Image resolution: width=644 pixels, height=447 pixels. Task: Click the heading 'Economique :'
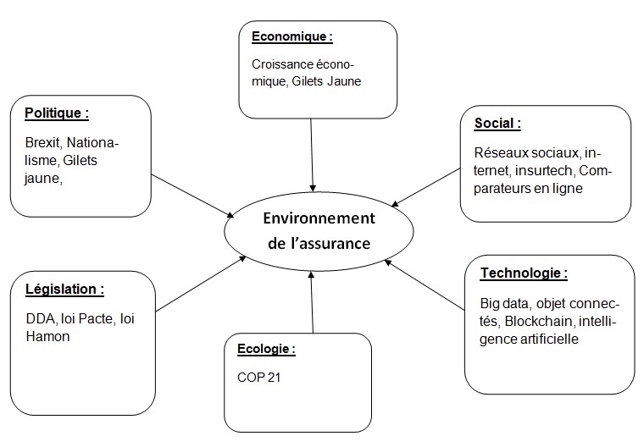point(292,36)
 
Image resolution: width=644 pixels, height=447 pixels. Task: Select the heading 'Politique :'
point(57,113)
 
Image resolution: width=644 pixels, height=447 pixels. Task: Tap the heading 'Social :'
point(497,123)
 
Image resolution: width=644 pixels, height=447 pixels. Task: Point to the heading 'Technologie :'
point(524,273)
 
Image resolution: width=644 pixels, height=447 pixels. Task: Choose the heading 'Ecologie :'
point(266,349)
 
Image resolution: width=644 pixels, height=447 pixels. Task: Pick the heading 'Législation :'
point(64,289)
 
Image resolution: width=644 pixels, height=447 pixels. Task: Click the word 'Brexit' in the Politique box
point(43,143)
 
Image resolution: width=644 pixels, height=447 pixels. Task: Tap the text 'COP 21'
point(258,378)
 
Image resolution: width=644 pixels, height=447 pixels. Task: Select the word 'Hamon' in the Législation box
point(47,337)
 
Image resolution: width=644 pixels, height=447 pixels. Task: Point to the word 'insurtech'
point(543,170)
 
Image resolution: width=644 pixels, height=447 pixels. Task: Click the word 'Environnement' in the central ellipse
point(319,218)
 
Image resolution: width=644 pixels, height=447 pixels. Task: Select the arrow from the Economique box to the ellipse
point(312,155)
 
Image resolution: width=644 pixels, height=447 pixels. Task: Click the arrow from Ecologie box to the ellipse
point(312,302)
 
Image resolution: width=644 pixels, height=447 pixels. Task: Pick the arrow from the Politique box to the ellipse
point(192,196)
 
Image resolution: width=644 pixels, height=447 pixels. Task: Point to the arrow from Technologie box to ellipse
point(425,284)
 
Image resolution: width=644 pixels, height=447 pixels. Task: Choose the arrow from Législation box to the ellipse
point(201,284)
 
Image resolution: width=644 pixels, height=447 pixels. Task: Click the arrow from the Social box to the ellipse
point(426,187)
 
